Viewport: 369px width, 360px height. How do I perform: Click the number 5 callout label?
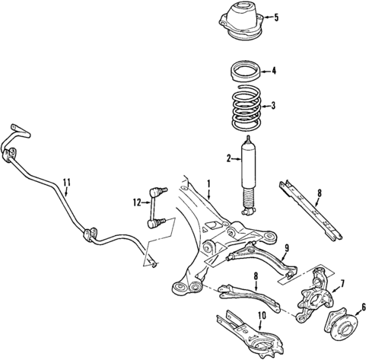pos(276,18)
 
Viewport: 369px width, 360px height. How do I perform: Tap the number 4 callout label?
pos(275,73)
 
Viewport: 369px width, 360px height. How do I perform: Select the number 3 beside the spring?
pos(275,106)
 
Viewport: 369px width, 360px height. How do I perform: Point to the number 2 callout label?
pos(227,158)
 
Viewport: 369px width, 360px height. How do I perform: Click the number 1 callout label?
pos(209,185)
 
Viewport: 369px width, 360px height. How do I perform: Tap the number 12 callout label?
pos(138,202)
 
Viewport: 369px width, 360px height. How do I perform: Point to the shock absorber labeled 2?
pos(248,171)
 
